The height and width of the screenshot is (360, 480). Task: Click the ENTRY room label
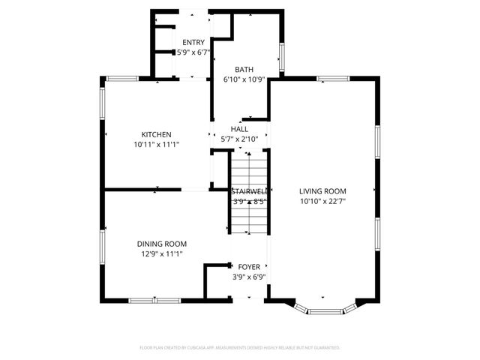pos(193,43)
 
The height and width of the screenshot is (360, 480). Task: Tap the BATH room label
pos(244,68)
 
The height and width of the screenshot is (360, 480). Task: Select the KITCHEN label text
pos(157,134)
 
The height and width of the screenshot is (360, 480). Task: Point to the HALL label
pos(239,129)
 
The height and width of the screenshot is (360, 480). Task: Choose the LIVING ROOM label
pos(322,191)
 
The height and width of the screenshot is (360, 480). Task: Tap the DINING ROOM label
pos(161,244)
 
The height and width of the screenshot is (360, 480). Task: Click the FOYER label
pos(249,266)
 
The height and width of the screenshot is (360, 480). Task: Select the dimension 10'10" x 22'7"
pos(322,201)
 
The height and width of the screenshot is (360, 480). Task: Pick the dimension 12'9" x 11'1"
pos(161,253)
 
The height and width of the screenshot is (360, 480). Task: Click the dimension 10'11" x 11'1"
pos(157,144)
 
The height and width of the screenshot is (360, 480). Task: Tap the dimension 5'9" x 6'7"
pos(193,52)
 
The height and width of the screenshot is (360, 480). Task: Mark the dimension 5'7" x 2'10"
pos(239,139)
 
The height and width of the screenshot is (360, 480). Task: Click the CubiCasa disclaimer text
pos(240,348)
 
